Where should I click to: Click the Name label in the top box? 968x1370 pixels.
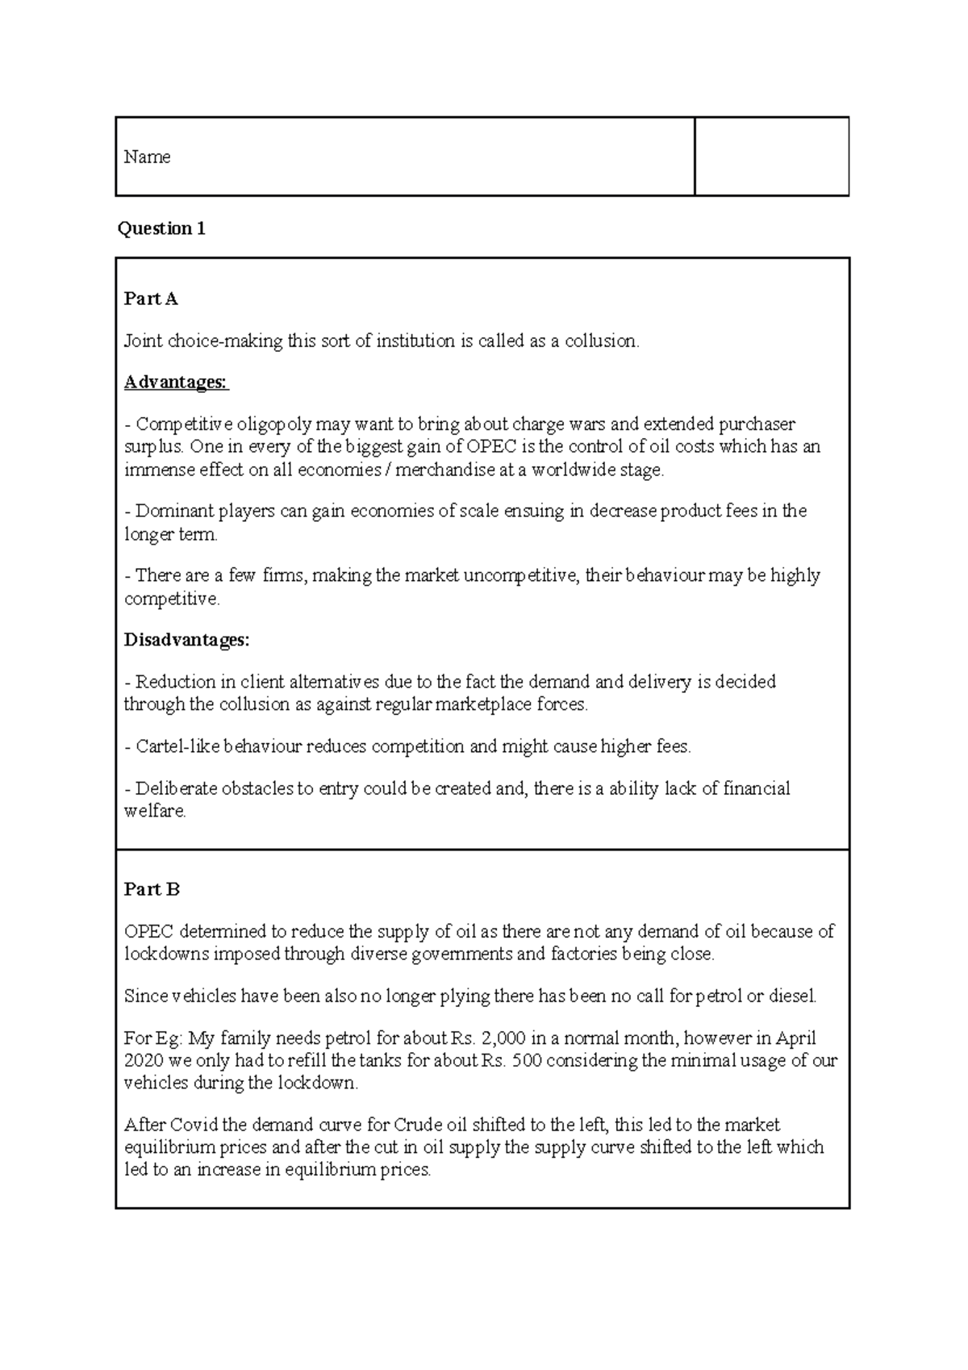(147, 157)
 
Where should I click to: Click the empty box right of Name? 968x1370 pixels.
(771, 157)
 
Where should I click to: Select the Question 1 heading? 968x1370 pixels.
(161, 228)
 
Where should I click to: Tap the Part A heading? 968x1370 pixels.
(151, 299)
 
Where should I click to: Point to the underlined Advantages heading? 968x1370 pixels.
(176, 382)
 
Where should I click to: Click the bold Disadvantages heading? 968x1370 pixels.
(186, 640)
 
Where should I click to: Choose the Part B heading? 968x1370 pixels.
(152, 889)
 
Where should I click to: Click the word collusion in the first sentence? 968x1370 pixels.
(600, 341)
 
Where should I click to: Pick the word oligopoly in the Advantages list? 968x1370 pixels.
(273, 424)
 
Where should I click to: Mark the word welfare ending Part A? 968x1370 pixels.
(154, 812)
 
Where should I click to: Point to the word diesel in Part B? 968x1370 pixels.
(792, 996)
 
